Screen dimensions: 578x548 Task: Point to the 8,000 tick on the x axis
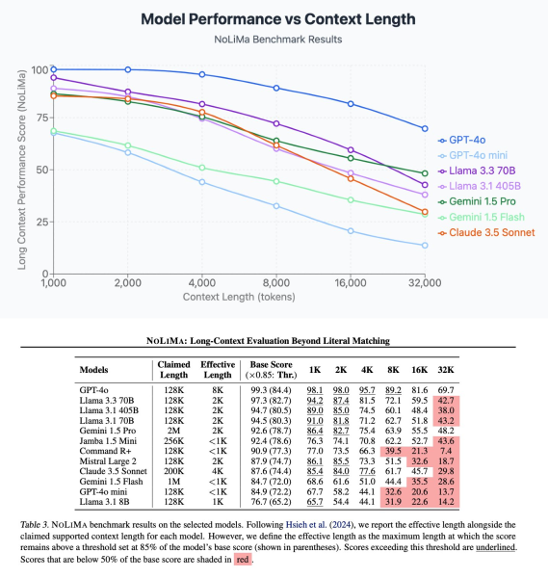(x=277, y=280)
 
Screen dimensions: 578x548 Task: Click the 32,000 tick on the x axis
(x=425, y=280)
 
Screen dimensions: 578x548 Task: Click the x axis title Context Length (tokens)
(x=240, y=295)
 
